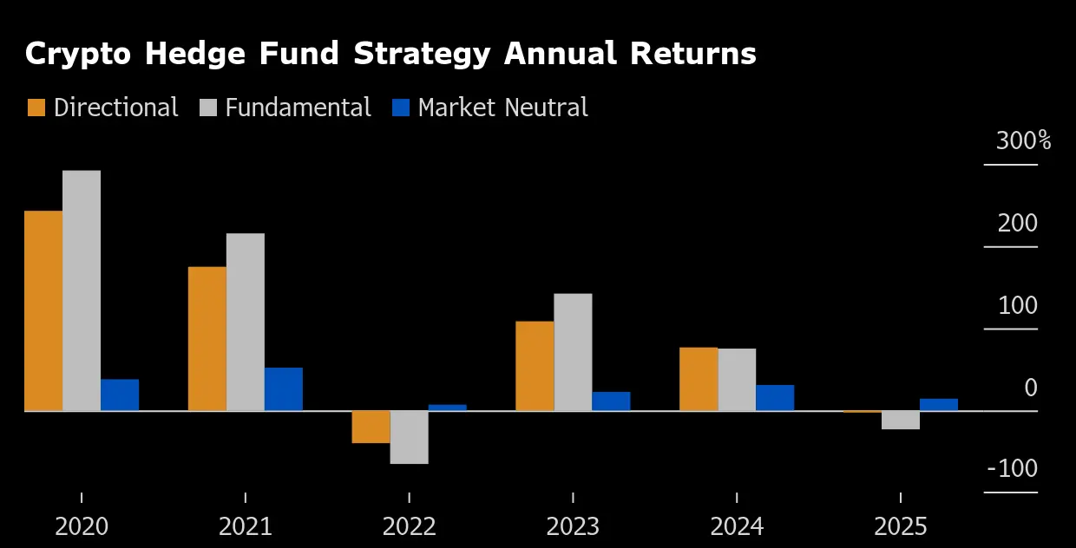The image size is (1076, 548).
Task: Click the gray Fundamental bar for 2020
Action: pos(82,290)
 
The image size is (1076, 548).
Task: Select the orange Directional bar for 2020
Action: pos(43,310)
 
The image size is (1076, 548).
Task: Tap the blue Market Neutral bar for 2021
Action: pos(284,389)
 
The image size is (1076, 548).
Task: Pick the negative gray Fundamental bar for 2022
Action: pos(409,437)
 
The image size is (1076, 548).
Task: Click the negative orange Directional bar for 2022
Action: pos(371,427)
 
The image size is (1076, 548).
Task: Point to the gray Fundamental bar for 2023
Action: pos(573,352)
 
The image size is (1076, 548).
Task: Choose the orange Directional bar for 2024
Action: pos(699,379)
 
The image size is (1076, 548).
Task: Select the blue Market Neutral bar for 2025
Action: pos(939,405)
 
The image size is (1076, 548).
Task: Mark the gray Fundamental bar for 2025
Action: pos(901,420)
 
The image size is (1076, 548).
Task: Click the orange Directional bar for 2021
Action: pos(207,338)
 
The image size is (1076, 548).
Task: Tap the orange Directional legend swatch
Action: pos(36,108)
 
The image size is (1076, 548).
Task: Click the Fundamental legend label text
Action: pos(298,108)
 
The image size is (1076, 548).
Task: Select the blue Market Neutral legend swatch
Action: pos(400,108)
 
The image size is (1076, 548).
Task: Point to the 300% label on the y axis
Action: pos(1023,141)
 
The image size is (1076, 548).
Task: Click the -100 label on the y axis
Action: pos(1013,469)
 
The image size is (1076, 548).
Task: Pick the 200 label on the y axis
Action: pos(1017,224)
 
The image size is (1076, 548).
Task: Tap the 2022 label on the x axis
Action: pos(410,526)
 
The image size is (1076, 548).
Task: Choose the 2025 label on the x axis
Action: pos(901,526)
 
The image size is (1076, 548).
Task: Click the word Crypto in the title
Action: pos(78,55)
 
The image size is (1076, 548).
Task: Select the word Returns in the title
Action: pos(692,54)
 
